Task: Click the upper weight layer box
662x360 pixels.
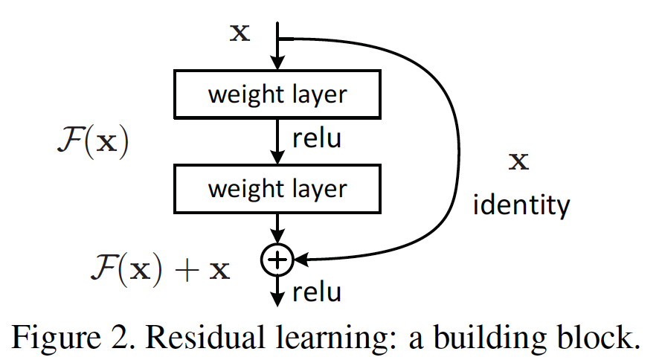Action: [x=277, y=94]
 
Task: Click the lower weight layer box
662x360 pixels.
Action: [x=277, y=187]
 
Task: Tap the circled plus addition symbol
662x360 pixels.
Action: [x=277, y=259]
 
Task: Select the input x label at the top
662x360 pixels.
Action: [x=240, y=34]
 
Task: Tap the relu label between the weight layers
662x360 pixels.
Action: [x=317, y=139]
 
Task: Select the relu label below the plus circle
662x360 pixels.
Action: [x=317, y=292]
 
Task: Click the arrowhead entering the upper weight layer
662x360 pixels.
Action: [x=277, y=64]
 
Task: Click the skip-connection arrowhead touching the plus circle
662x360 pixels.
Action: [x=301, y=259]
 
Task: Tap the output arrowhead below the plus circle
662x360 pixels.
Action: [x=277, y=298]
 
